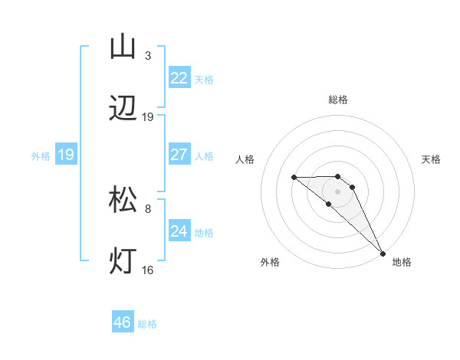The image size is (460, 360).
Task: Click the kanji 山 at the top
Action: (x=123, y=46)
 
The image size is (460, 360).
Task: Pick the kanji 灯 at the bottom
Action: (x=123, y=261)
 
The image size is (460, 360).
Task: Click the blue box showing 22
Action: (x=179, y=78)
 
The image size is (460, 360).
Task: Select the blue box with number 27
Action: (x=179, y=155)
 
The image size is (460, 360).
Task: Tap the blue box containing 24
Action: (x=179, y=231)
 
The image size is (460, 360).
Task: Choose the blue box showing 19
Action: (x=66, y=155)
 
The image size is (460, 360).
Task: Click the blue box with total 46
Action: (x=123, y=322)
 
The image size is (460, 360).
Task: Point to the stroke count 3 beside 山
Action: (x=147, y=56)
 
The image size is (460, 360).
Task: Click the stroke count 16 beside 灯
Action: (x=148, y=270)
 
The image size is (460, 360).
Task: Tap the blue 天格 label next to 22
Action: (x=204, y=79)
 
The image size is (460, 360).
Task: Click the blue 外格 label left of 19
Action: (x=41, y=155)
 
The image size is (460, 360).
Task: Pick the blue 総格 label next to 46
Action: (x=147, y=324)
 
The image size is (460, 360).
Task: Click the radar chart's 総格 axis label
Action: (x=338, y=100)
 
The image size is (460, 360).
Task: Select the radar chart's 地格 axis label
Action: (x=402, y=262)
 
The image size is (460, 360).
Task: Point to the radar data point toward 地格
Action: (x=383, y=253)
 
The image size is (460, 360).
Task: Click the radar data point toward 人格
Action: (x=294, y=178)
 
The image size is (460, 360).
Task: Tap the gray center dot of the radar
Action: (x=338, y=191)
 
